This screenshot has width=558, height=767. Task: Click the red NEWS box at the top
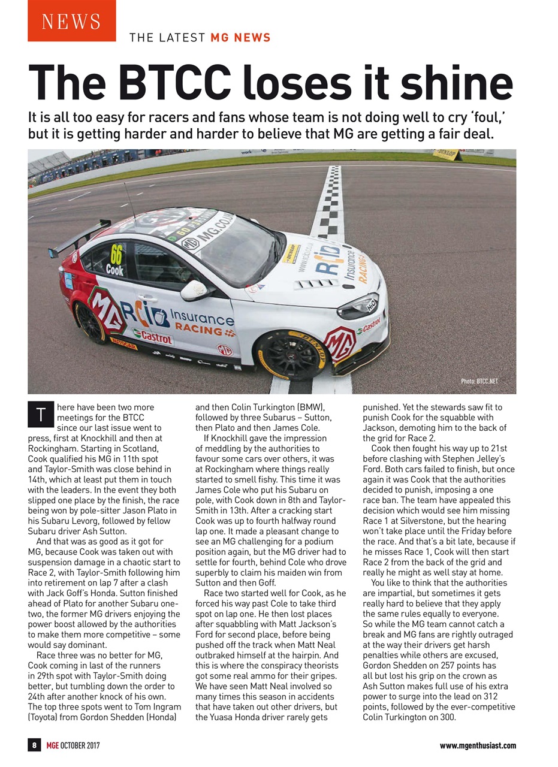tap(71, 21)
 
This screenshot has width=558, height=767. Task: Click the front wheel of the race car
tap(291, 355)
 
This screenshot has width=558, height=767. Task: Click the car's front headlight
tap(360, 305)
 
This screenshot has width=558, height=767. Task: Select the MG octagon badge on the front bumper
tap(340, 343)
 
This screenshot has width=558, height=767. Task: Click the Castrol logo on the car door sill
tap(153, 337)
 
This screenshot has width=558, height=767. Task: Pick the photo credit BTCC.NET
tap(479, 381)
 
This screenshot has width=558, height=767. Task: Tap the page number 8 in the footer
tap(35, 745)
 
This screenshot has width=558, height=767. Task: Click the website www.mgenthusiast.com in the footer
tap(477, 745)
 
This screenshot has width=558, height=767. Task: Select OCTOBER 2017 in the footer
tap(79, 745)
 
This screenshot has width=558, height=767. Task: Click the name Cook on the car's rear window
tap(114, 270)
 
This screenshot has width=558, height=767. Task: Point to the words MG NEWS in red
tap(240, 38)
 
